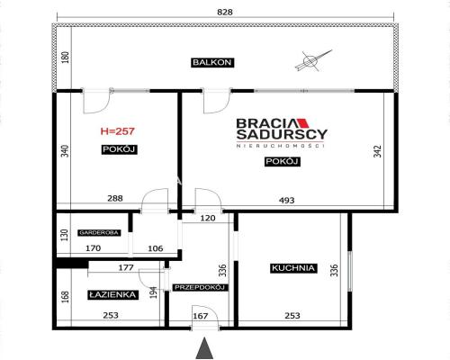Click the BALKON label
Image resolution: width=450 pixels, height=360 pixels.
[x=212, y=62]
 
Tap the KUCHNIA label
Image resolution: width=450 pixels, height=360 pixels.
[x=293, y=268]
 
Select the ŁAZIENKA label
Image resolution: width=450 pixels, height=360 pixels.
[x=112, y=294]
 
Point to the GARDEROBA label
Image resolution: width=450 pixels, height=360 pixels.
[x=99, y=232]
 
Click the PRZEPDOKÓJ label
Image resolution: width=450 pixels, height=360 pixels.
[x=200, y=287]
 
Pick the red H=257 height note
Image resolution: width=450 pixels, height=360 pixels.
[x=117, y=131]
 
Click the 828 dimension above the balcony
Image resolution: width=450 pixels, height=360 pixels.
[x=225, y=12]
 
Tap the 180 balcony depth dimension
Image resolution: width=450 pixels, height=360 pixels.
[x=66, y=58]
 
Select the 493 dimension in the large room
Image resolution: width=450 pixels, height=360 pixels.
[x=287, y=200]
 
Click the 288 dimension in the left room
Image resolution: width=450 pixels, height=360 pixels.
[x=115, y=198]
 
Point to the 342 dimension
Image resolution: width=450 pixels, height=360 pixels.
[x=377, y=151]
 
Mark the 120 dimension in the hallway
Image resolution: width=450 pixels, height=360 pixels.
[x=208, y=218]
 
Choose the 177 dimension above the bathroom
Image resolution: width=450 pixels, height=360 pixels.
[x=126, y=267]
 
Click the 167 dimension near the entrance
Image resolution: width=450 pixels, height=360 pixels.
[x=201, y=316]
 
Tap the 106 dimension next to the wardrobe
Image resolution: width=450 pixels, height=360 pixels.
[x=156, y=248]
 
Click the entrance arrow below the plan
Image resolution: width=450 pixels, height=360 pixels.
[x=204, y=348]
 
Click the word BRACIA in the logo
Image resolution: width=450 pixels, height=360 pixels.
[x=266, y=123]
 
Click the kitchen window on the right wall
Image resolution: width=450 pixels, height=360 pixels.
[x=350, y=271]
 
